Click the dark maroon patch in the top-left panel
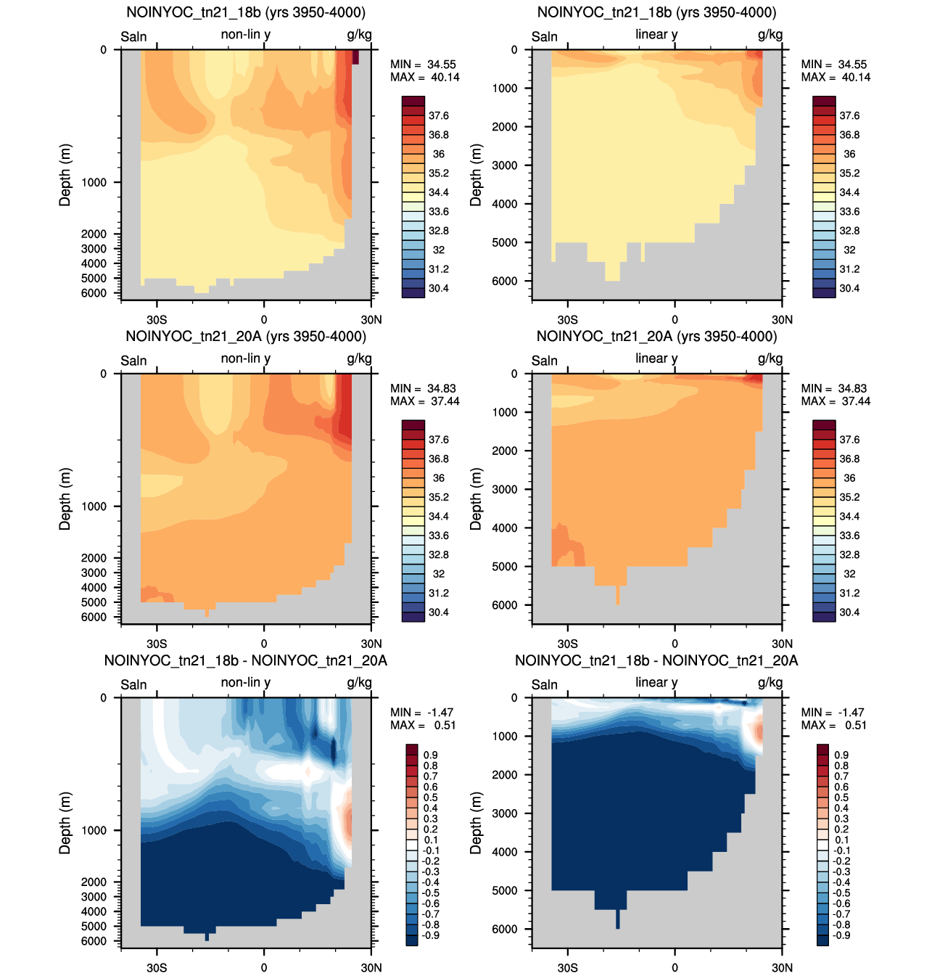(355, 57)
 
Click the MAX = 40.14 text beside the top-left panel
(424, 77)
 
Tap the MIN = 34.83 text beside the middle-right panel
(834, 388)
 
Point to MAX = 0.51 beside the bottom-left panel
(423, 725)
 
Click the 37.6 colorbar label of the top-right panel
(849, 116)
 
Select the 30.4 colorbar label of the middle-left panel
(438, 612)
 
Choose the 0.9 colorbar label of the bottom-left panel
(430, 755)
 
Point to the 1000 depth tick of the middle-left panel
(94, 507)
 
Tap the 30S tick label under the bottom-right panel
(567, 967)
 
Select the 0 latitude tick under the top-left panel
(264, 319)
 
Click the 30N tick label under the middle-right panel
(782, 644)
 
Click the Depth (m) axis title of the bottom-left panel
(65, 823)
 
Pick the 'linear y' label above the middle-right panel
(656, 358)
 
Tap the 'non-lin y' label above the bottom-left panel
(246, 683)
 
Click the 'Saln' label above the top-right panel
(545, 36)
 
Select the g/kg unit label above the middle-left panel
(360, 359)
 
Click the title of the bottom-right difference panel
(656, 660)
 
